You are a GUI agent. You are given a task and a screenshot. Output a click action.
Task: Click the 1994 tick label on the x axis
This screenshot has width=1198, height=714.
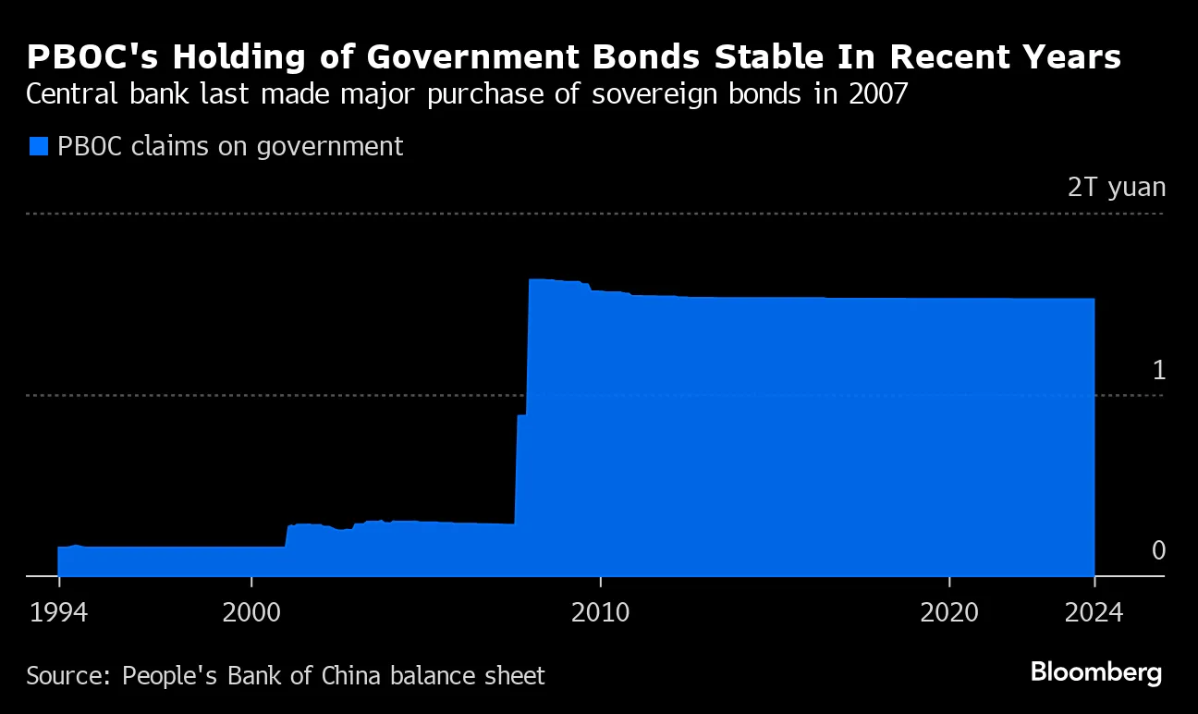point(58,612)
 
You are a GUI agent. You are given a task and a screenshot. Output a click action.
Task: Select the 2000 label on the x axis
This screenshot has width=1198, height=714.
point(251,612)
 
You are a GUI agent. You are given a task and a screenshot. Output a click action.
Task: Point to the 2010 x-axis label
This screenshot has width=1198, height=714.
point(600,612)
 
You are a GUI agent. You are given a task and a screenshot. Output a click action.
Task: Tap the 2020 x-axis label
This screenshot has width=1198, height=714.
point(949,612)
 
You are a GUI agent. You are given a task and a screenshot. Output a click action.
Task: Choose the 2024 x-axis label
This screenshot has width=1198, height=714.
point(1094,612)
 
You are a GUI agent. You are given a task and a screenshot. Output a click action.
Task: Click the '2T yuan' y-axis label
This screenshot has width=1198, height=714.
point(1116,188)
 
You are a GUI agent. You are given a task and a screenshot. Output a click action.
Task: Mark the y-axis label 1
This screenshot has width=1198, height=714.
point(1157,370)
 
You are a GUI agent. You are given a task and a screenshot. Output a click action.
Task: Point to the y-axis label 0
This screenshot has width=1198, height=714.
point(1158,551)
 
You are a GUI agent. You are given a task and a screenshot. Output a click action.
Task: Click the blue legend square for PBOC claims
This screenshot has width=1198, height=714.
point(38,146)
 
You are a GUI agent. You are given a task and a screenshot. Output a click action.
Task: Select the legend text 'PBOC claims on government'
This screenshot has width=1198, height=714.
point(230,146)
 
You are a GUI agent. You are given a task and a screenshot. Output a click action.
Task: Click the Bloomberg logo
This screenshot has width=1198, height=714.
point(1096,672)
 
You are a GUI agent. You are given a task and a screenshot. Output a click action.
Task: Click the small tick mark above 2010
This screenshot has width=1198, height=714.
point(600,582)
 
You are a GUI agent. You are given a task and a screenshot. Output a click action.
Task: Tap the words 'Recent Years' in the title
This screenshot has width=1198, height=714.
point(1007,57)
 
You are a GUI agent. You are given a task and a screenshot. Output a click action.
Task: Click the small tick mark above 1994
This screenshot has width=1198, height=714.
point(58,582)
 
